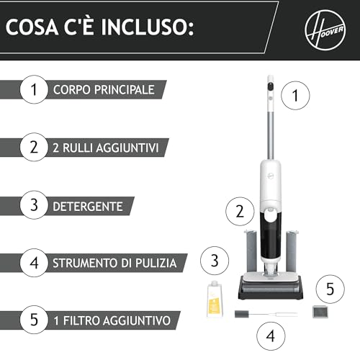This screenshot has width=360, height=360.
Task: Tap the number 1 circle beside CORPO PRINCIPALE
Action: pos(33,90)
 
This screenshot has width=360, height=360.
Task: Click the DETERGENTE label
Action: pos(88,205)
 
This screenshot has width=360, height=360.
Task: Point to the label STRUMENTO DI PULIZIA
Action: pos(114,263)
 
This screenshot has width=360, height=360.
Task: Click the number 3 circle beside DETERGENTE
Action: pos(33,205)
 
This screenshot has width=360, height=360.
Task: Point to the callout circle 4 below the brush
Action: pos(270,336)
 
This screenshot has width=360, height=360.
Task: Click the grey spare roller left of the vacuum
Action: pos(249,252)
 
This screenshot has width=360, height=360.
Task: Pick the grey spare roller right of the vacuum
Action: pos(292,252)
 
